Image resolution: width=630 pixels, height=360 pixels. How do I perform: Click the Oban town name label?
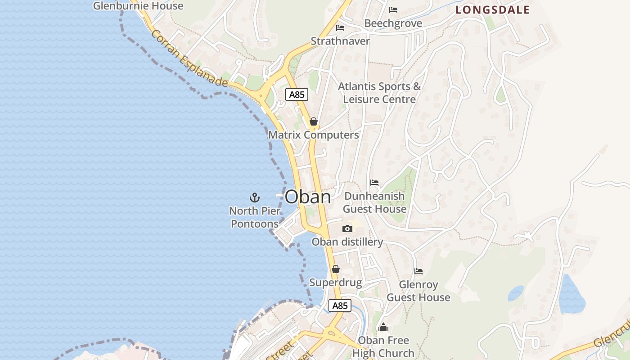(308, 197)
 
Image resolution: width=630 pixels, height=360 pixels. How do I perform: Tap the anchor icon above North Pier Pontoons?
(255, 198)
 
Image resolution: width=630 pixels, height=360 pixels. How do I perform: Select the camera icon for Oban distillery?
(347, 229)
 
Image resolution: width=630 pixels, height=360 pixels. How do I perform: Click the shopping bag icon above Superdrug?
(335, 269)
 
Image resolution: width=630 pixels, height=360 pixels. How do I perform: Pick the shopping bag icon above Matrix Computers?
(314, 121)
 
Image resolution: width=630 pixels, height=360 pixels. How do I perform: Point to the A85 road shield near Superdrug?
(340, 306)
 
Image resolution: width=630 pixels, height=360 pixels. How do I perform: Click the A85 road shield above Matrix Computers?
(297, 94)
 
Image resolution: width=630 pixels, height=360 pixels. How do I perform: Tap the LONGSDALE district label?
(492, 10)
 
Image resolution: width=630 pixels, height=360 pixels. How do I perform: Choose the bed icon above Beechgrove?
(393, 10)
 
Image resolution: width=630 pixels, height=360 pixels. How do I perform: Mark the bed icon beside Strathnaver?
(340, 28)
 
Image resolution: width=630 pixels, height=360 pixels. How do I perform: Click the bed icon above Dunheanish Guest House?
(374, 183)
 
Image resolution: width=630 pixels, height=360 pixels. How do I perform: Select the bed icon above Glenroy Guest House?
(418, 271)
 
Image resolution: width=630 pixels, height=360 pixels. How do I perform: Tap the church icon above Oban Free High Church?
(383, 327)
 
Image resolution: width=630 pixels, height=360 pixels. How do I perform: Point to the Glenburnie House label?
(138, 6)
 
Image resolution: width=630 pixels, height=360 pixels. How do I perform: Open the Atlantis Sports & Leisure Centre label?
(379, 93)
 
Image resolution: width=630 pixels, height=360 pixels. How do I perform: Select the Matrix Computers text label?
(314, 135)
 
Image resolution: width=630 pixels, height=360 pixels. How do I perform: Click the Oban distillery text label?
(347, 242)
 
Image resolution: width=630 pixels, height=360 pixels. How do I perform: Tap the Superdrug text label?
(336, 283)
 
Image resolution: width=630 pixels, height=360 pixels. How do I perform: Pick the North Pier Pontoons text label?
(255, 217)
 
